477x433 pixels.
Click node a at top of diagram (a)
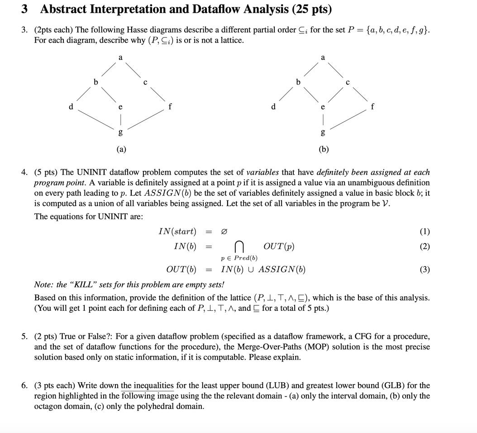[120, 58]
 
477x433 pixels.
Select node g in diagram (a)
[120, 132]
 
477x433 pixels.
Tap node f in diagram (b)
[372, 107]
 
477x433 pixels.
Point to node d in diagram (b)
[273, 107]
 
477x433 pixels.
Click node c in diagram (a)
[145, 82]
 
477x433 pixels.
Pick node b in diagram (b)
[298, 82]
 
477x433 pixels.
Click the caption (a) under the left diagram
[121, 149]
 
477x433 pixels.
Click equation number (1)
[425, 232]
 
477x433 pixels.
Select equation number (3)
[425, 270]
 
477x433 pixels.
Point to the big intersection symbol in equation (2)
[239, 247]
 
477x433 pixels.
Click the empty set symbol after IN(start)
[224, 232]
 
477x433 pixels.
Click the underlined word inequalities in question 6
[147, 385]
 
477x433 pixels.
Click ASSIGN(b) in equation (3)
[281, 270]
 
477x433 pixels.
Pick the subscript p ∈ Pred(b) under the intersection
[239, 258]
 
